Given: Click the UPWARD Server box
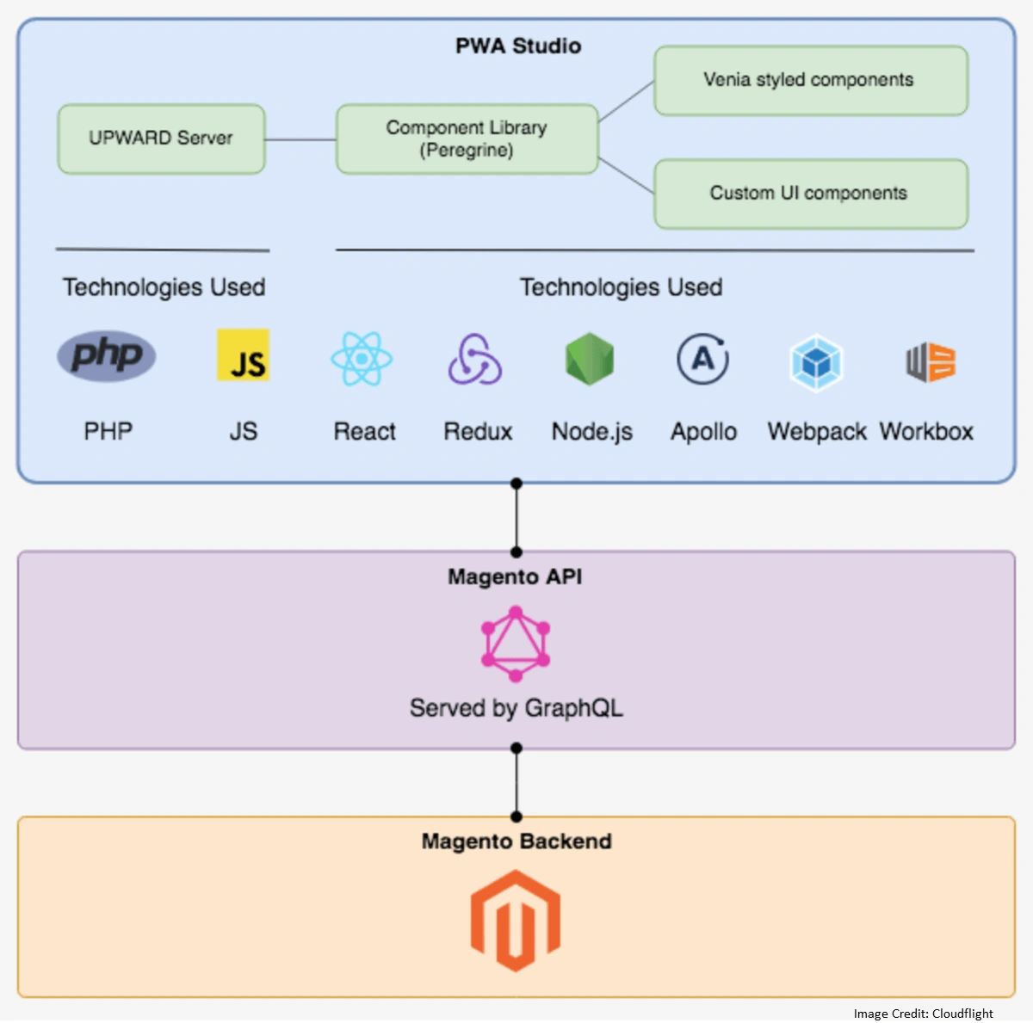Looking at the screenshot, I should coord(161,139).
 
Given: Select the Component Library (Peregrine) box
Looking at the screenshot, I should coord(467,139).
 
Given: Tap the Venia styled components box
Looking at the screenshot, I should coord(810,80).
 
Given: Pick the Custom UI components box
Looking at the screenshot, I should coord(810,194).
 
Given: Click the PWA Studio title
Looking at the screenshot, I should coord(518,46).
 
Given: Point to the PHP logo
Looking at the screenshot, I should coord(107,355).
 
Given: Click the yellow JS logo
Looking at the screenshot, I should coord(244,355).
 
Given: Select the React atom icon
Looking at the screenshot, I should coord(362,359).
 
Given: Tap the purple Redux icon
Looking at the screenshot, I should coord(474,360).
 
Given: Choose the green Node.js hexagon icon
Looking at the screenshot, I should coord(590,359).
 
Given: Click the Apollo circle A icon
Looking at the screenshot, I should coord(702,359).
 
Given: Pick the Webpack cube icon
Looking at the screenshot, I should coord(816,362).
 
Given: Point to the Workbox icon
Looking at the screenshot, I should coord(931,361).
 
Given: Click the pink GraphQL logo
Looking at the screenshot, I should coord(516,644).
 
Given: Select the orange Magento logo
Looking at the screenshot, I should coord(516,920).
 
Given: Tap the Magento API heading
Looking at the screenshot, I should coord(515,577).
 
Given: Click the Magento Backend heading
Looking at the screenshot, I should coord(516,841).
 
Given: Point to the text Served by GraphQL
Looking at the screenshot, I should coord(516,708).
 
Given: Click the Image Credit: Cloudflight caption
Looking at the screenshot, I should coord(923,1014).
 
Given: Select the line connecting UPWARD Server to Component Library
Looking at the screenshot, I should coord(300,139).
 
